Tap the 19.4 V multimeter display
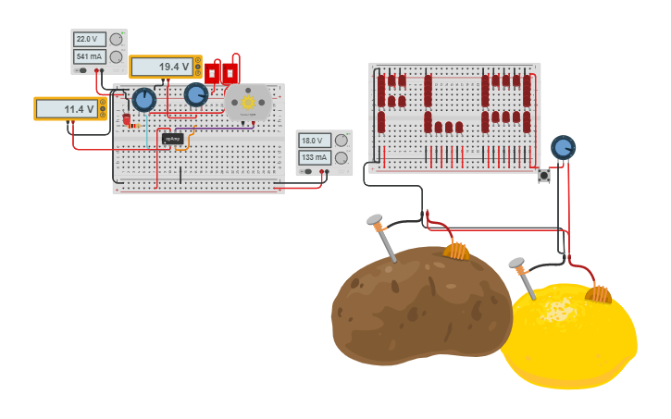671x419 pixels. [x=163, y=67]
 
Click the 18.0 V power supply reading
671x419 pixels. [x=313, y=141]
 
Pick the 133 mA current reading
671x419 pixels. [x=313, y=158]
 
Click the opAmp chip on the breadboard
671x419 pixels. [x=172, y=139]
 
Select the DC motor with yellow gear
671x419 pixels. [x=248, y=102]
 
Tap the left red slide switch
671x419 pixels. [x=213, y=72]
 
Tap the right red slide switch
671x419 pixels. [x=230, y=72]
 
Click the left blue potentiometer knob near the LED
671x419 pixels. [x=143, y=100]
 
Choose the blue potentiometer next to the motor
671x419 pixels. [x=196, y=94]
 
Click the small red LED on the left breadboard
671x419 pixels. [x=127, y=118]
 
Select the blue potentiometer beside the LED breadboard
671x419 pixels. [x=563, y=147]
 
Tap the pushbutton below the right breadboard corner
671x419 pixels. [x=544, y=174]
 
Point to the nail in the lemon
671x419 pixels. [x=523, y=277]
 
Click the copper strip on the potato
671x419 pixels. [x=456, y=250]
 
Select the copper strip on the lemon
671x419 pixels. [x=599, y=294]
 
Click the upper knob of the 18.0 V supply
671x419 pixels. [x=341, y=141]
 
